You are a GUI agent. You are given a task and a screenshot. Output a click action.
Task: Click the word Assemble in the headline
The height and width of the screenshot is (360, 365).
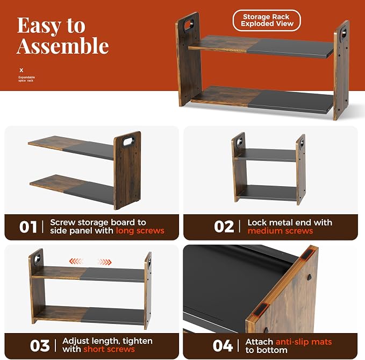[62, 46]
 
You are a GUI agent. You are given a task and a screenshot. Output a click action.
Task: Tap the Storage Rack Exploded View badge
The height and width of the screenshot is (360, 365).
[267, 20]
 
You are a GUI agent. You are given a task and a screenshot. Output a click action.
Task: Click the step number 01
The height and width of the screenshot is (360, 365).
[28, 227]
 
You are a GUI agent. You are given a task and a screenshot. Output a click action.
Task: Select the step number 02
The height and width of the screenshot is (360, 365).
[224, 227]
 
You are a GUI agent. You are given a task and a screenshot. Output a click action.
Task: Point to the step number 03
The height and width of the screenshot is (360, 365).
[40, 345]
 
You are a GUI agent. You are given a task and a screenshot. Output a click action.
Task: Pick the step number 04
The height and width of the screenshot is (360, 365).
[223, 345]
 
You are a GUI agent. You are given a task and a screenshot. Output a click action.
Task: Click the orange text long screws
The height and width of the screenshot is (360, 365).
[140, 231]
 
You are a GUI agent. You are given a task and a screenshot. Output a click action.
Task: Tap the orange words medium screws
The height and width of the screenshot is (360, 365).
[280, 231]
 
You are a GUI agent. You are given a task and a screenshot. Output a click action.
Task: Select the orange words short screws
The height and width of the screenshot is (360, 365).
[109, 349]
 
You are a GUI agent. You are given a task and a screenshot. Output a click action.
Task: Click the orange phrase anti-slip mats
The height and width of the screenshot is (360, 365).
[304, 342]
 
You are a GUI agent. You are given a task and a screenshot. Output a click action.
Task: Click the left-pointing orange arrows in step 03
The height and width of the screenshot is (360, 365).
[76, 262]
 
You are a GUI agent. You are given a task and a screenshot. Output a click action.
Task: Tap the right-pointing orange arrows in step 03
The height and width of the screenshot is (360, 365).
[104, 262]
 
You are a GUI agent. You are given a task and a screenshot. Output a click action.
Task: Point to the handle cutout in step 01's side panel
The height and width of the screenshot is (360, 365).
[128, 142]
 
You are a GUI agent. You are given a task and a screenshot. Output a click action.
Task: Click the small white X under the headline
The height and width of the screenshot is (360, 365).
[22, 70]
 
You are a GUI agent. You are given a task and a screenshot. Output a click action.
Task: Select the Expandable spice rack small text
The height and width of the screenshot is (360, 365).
[26, 79]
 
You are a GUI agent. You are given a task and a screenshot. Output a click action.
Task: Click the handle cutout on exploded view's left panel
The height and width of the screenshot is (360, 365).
[189, 25]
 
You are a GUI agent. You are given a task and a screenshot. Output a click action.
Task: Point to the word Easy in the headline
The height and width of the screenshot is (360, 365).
[39, 26]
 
